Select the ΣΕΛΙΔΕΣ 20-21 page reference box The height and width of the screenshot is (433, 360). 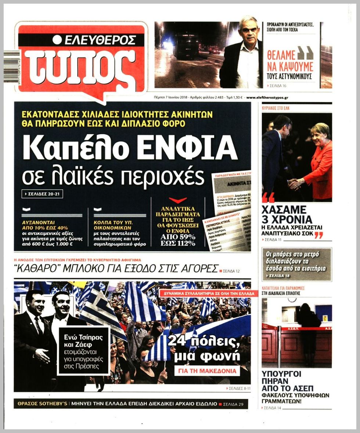[42, 194]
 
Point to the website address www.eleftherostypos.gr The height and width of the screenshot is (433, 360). [267, 98]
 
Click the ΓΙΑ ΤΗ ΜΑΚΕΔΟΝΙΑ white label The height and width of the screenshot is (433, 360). [207, 371]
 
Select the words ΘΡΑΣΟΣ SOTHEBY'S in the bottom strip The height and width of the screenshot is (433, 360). [42, 404]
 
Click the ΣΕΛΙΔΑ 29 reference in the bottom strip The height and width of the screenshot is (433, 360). [233, 404]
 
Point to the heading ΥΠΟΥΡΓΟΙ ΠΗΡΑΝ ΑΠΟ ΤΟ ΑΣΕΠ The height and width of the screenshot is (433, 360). [281, 381]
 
